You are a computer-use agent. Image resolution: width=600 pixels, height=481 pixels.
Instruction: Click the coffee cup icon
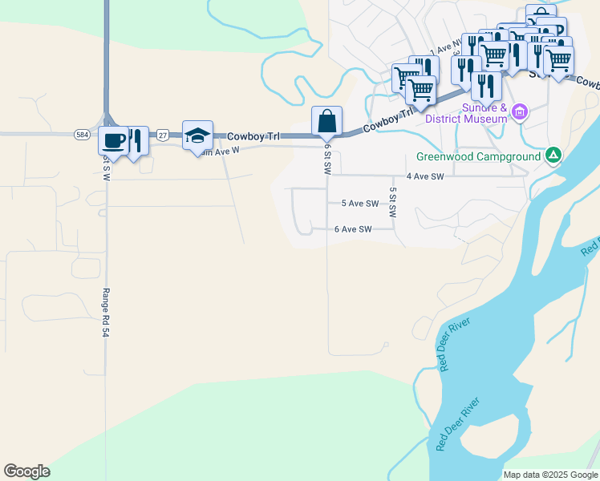coord(113,140)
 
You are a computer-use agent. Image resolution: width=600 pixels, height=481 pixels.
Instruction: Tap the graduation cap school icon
coord(197,135)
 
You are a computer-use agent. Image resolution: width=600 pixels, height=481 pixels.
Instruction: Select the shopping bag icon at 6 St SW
coord(326,122)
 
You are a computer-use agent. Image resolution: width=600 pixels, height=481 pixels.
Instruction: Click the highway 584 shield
coord(82,135)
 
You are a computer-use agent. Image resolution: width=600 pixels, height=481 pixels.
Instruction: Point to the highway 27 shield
coord(163,135)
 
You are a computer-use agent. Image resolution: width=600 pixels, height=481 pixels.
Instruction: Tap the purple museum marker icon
coord(521,111)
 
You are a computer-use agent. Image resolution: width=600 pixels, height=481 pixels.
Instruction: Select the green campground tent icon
coord(553,155)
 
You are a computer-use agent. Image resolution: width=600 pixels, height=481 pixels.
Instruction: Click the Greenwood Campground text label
coord(479,157)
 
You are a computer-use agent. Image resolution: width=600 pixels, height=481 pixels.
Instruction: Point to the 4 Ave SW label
coord(424,176)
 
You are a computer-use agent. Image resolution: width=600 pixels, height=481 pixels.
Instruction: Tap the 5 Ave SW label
coord(359,204)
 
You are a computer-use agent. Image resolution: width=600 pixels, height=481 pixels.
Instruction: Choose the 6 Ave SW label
coord(353,229)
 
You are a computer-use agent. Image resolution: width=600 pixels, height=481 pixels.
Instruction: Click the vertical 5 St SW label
coord(393,203)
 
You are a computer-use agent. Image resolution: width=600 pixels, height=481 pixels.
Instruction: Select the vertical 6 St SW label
coord(327,159)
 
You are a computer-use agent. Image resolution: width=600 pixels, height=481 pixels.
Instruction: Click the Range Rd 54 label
coord(105,312)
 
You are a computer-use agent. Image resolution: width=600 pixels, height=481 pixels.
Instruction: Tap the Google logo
coord(26,471)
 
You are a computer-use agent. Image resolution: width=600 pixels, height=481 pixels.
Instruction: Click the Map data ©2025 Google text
coord(549,475)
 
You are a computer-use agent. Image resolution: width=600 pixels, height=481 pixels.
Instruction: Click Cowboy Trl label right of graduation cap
coord(253,136)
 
